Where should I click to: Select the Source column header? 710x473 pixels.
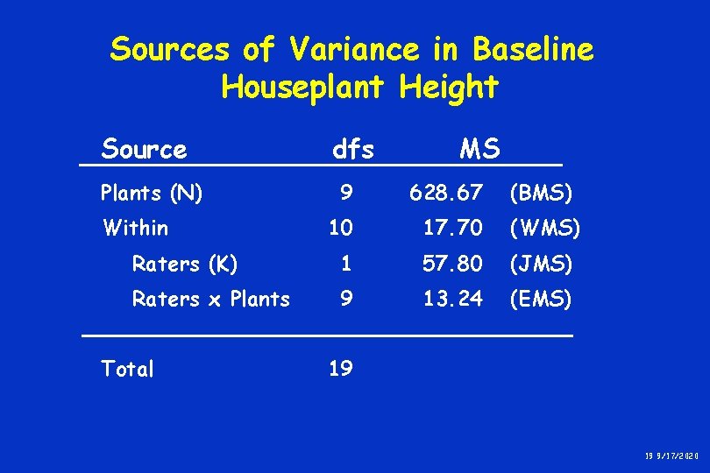click(144, 150)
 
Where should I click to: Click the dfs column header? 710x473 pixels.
click(352, 150)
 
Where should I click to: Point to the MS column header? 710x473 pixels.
click(479, 150)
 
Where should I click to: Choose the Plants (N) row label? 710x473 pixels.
click(152, 193)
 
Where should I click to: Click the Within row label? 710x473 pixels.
click(135, 229)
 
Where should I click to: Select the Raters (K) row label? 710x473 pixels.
click(184, 264)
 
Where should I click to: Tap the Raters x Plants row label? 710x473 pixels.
click(210, 300)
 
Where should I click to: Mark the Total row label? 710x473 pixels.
click(127, 370)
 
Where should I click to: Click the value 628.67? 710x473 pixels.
click(446, 193)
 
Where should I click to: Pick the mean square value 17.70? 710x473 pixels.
click(452, 229)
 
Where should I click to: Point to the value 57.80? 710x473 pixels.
click(452, 264)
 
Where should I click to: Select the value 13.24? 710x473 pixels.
click(452, 300)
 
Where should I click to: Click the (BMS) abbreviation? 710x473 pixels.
click(541, 193)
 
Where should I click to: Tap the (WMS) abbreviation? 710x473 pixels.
click(543, 229)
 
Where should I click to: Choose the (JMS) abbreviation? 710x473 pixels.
click(541, 264)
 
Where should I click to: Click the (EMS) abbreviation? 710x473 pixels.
click(540, 300)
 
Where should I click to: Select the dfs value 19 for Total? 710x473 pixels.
click(340, 370)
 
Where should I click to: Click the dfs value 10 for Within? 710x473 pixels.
click(340, 229)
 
